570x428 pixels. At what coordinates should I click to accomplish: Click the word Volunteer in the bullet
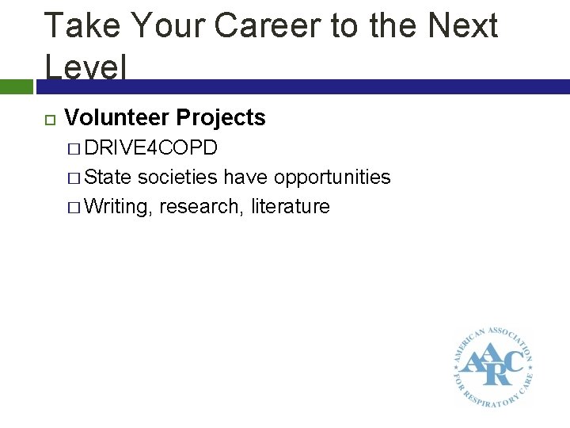[x=117, y=118]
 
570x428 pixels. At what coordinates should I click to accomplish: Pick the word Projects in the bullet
[x=221, y=118]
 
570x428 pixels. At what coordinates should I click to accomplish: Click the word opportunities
[x=332, y=177]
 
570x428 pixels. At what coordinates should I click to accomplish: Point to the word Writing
[x=119, y=207]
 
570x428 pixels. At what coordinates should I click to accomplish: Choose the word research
[x=202, y=207]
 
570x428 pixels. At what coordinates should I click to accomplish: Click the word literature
[x=291, y=207]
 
